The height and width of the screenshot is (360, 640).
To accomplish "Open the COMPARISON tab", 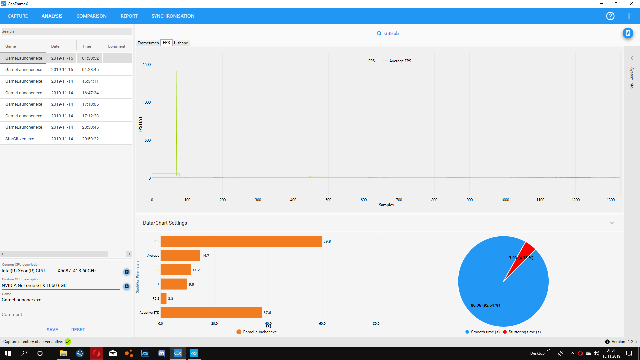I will (x=91, y=16).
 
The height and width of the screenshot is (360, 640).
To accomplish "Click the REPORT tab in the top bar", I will (x=129, y=16).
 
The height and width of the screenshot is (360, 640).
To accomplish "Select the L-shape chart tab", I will (x=181, y=43).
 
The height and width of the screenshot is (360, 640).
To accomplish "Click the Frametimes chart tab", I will (x=148, y=43).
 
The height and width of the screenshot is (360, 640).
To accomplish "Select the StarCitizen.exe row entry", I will (x=20, y=139).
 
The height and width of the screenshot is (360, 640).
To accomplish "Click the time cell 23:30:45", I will (x=90, y=127).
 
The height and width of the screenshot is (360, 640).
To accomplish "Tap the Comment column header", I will (x=116, y=46).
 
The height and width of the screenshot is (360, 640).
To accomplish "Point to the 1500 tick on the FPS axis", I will (x=147, y=65).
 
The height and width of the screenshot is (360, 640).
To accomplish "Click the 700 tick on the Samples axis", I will (x=399, y=200).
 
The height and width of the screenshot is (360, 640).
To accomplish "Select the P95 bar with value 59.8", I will (x=241, y=241).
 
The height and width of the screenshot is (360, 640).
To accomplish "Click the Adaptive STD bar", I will (x=211, y=313).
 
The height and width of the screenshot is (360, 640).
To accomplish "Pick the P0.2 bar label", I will (x=156, y=299).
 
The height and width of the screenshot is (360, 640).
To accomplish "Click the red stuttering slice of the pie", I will (x=522, y=257).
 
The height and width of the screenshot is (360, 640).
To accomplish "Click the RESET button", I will (x=78, y=330).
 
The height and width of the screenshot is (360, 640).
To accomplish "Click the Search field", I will (x=66, y=31).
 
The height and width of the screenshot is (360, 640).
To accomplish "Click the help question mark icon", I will (x=610, y=16).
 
